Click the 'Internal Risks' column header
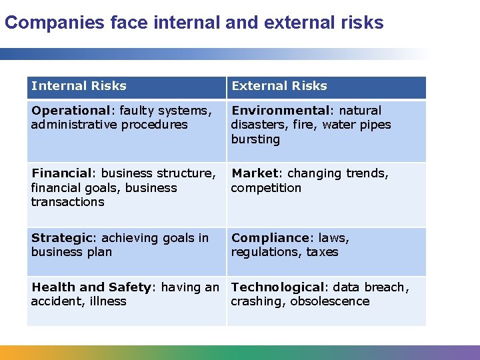pos(79,86)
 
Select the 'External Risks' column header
pos(279,86)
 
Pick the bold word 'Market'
pos(253,173)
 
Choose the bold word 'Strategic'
pos(61,238)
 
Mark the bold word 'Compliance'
pos(270,238)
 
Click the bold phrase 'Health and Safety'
pos(91,287)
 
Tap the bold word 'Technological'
pos(277,287)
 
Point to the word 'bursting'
pos(255,139)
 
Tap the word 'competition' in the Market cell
pos(266,188)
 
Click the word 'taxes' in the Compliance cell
pos(323,252)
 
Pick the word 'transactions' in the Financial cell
pos(67,202)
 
